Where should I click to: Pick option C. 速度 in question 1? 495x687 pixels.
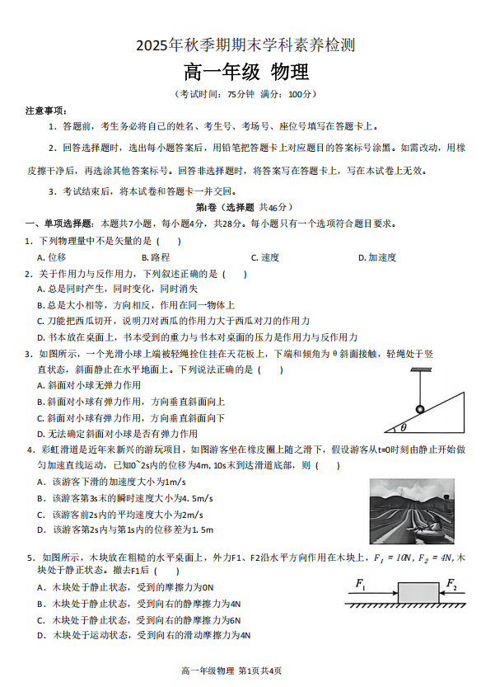(265, 257)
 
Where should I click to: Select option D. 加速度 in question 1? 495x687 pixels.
(377, 257)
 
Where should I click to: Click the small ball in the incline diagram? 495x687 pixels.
(419, 409)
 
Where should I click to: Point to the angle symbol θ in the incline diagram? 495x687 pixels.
(403, 427)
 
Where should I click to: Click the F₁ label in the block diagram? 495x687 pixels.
(361, 584)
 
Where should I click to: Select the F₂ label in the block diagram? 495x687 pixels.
(451, 584)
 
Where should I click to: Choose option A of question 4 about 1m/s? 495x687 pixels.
(110, 482)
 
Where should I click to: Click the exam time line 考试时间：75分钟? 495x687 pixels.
(246, 94)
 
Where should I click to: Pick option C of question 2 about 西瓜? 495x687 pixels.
(173, 321)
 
